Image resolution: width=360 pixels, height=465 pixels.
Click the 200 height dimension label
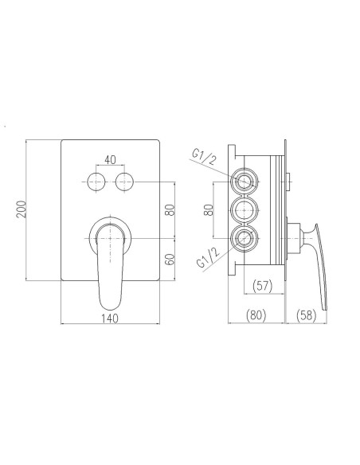click(x=22, y=209)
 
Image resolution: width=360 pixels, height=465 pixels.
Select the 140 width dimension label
click(x=110, y=318)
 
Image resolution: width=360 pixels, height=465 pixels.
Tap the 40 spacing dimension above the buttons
click(x=110, y=160)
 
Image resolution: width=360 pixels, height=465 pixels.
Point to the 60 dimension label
click(x=170, y=260)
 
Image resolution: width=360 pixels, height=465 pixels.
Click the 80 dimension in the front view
click(x=170, y=210)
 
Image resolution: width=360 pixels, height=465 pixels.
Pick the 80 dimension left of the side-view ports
click(x=209, y=210)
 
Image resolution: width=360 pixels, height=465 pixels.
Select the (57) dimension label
click(x=262, y=286)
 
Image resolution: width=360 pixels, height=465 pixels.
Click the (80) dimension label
click(x=256, y=315)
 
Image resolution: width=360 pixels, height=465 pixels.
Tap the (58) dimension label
click(x=307, y=315)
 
